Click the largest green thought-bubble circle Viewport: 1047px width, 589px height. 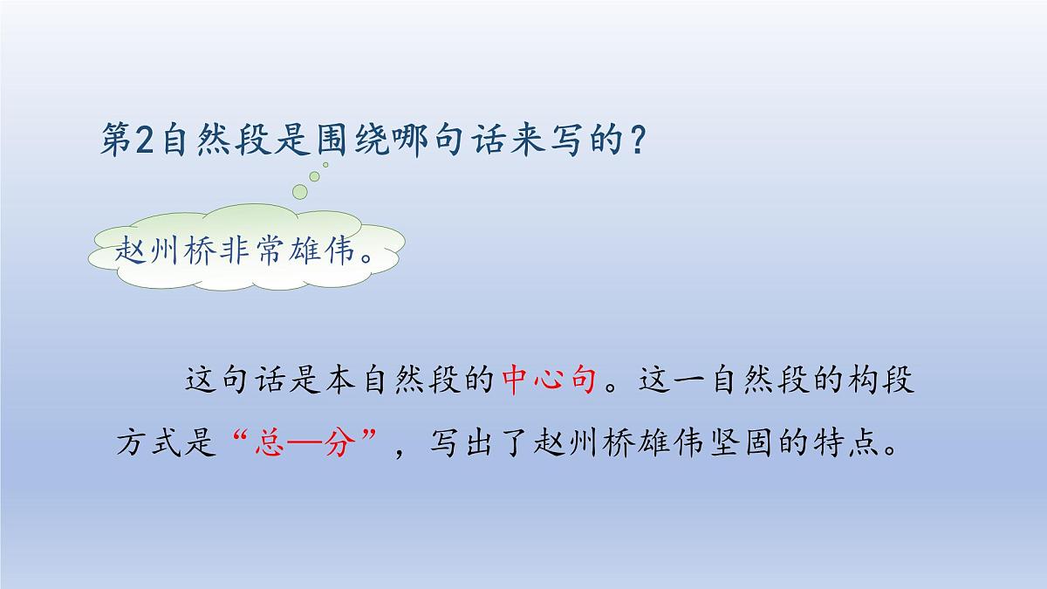[x=301, y=191]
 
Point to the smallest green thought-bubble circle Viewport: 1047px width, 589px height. [x=325, y=164]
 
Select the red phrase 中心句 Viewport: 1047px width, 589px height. [x=550, y=381]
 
